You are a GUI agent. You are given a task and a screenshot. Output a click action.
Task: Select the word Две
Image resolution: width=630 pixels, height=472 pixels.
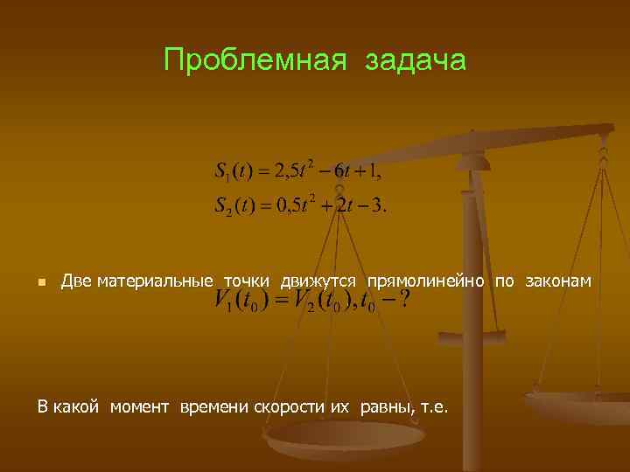(x=76, y=281)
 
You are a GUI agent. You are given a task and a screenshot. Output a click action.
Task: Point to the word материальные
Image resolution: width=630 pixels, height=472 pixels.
(x=155, y=281)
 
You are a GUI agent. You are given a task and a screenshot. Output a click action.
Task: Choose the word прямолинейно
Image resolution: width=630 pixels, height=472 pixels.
(x=426, y=281)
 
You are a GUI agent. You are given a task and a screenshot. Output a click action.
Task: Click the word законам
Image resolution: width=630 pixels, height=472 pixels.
(x=557, y=281)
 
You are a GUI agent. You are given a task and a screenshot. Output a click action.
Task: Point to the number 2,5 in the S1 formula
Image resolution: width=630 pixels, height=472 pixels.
(x=285, y=170)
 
